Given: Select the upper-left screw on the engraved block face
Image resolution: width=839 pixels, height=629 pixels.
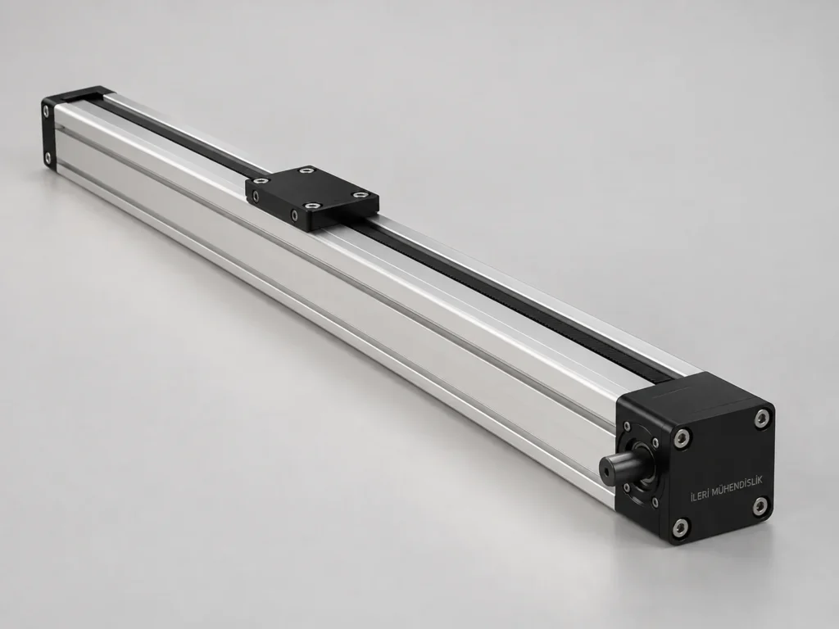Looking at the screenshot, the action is click(x=681, y=439).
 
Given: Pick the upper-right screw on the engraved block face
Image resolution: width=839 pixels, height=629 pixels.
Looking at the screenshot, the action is click(x=762, y=419).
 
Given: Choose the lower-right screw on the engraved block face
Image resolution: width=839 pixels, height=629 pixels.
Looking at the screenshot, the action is click(x=760, y=505).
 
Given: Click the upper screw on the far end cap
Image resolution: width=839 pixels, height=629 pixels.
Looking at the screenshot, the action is click(x=47, y=111).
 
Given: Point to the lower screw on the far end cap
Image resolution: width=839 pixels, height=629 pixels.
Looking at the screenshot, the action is click(x=48, y=158).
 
